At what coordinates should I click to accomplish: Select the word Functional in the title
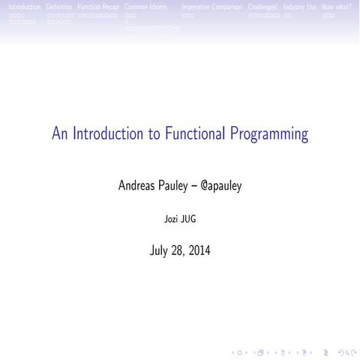pos(193,135)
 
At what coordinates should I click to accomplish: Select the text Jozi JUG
pos(180,220)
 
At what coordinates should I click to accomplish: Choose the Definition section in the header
pos(59,7)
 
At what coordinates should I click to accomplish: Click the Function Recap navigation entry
pos(97,7)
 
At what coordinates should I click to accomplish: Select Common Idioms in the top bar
pos(145,7)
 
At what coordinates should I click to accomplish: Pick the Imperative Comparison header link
pos(211,7)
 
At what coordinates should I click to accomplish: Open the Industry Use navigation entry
pos(299,7)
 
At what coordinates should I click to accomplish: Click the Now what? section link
pos(336,7)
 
